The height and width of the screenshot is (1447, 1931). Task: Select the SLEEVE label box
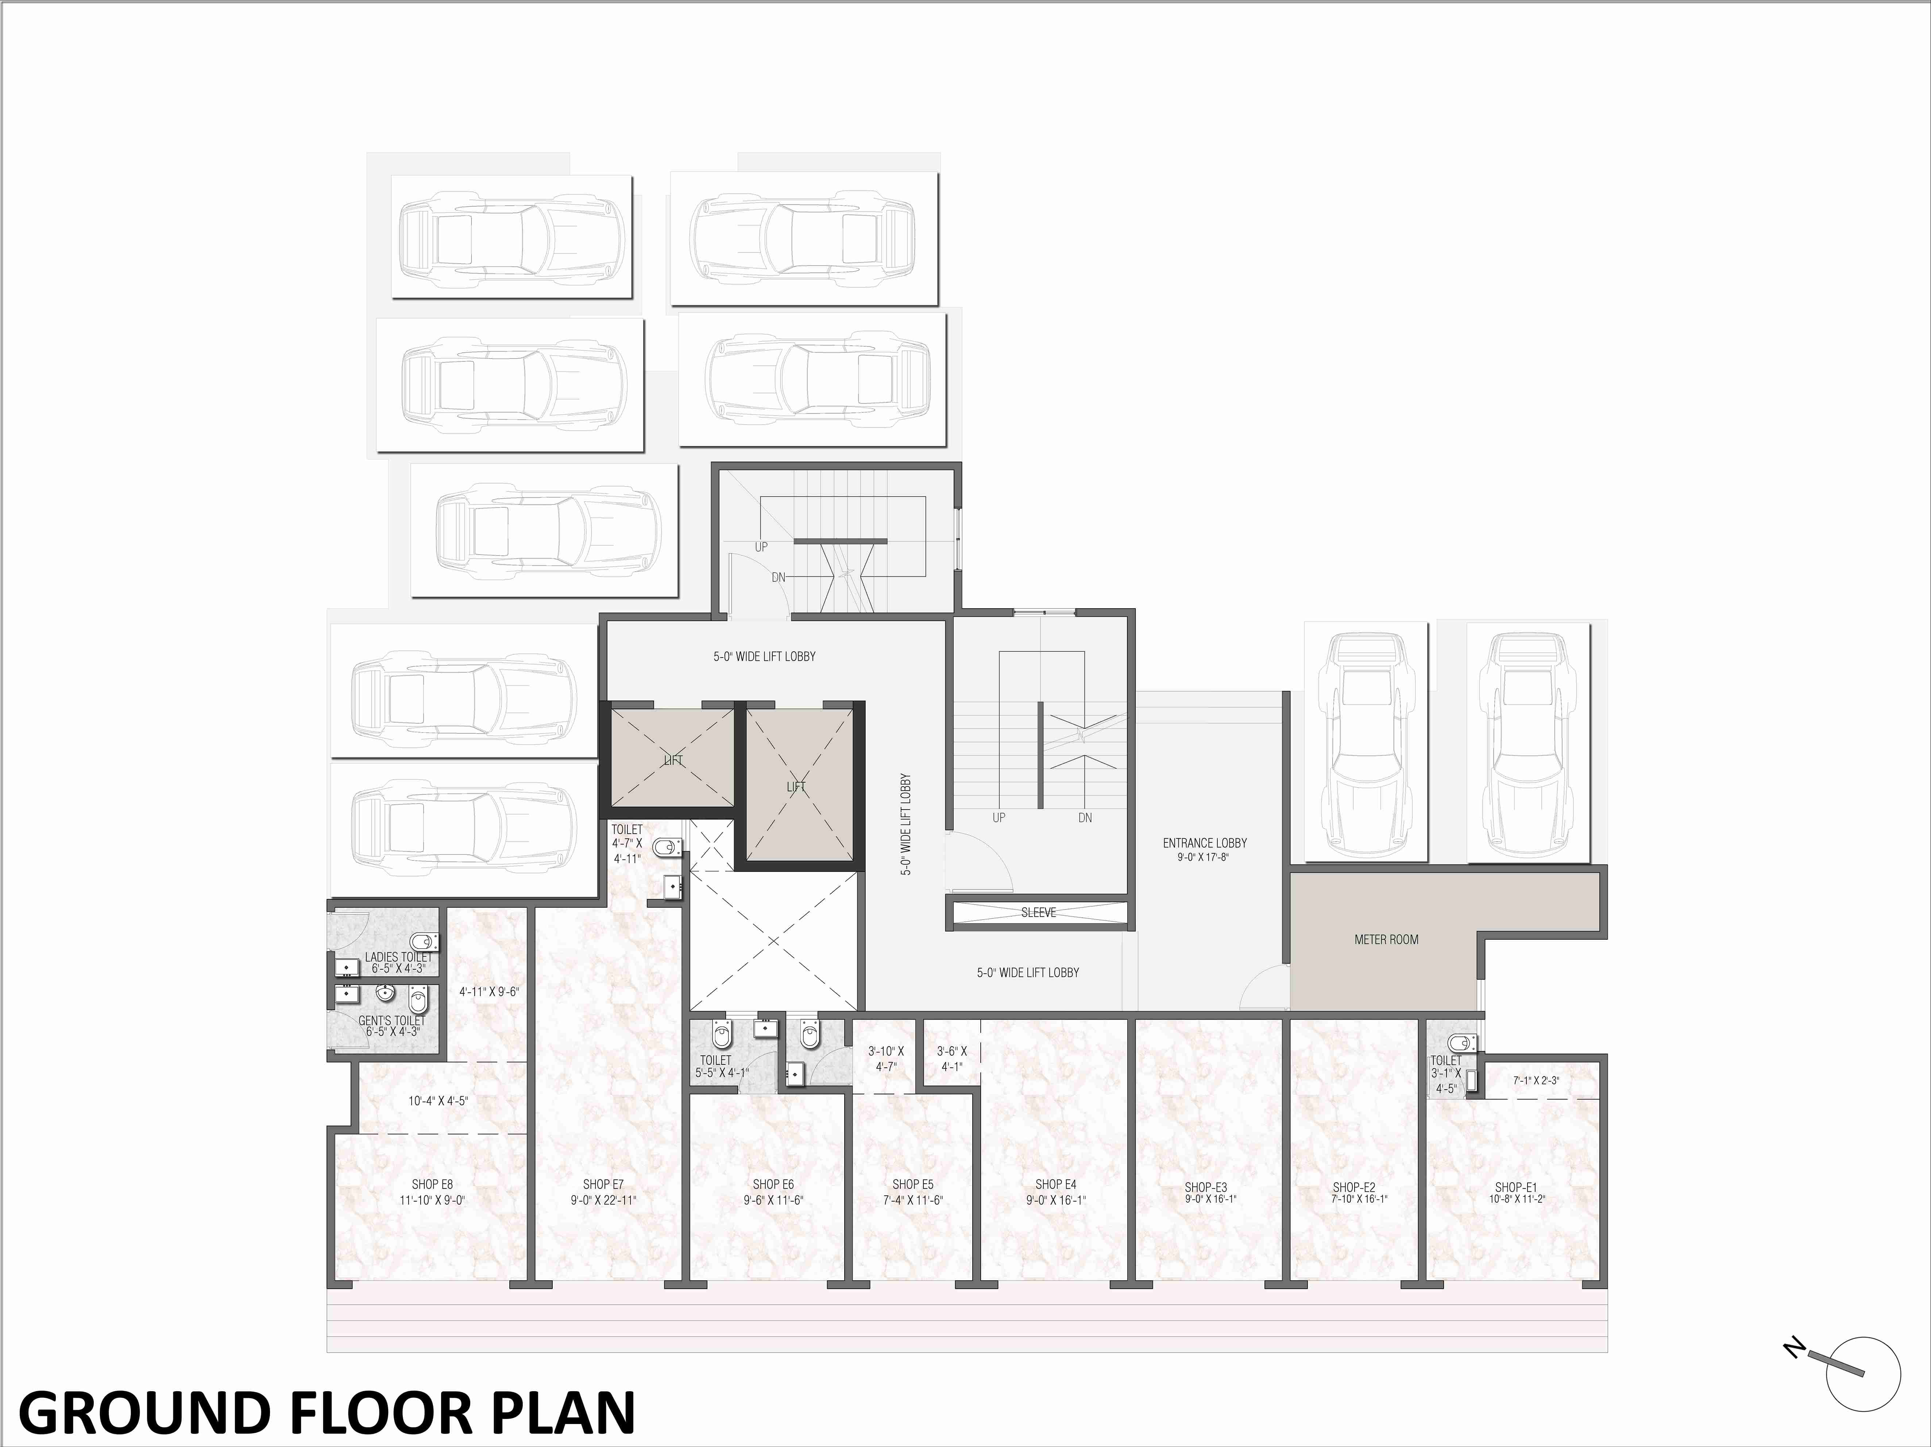coord(1039,912)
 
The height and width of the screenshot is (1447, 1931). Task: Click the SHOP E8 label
coord(432,1184)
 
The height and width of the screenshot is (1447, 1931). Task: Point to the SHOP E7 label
coord(603,1184)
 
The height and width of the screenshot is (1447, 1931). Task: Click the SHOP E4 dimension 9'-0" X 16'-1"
coord(1055,1200)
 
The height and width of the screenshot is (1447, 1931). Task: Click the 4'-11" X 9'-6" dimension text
coord(489,992)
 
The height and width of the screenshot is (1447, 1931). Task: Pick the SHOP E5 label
coord(913,1184)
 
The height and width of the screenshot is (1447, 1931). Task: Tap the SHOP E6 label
coord(773,1184)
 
